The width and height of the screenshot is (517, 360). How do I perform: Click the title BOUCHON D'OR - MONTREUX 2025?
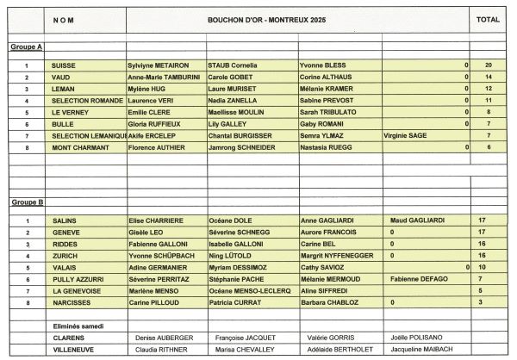coord(256,18)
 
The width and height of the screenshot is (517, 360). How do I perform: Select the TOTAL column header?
coord(489,18)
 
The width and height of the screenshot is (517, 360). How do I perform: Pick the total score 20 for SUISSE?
coord(489,65)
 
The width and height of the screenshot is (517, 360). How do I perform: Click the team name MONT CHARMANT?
coord(80,147)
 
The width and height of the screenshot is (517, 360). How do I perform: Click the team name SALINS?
coord(65,220)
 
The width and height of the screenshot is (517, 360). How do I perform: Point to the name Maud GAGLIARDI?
coord(420,220)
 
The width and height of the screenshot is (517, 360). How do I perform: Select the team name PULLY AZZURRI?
coord(78,279)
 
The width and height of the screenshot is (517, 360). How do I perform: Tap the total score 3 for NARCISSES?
coord(482,302)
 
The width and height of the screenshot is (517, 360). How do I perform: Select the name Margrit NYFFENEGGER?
coord(337,256)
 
